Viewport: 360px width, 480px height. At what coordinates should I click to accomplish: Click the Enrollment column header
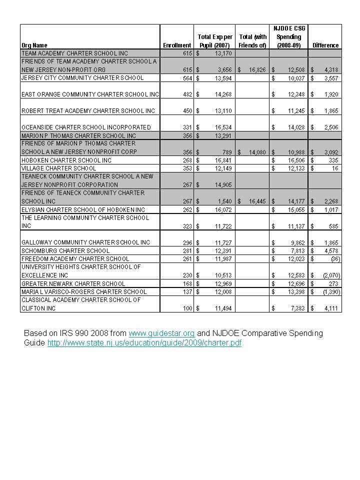coord(177,45)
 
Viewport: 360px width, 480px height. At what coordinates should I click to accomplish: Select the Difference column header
coord(325,45)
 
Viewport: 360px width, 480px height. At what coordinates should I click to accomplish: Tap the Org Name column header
coord(34,45)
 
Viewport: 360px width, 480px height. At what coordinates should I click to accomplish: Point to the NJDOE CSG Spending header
coord(289,36)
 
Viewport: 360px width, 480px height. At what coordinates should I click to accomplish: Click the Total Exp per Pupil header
coord(214,41)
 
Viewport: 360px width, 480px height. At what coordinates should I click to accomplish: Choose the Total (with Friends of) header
coord(252,41)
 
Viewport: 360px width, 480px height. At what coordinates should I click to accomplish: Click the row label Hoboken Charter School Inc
coord(66,160)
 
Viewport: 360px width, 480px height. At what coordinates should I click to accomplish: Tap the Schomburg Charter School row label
coord(65,250)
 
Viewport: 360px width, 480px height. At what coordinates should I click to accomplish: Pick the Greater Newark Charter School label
coord(73,283)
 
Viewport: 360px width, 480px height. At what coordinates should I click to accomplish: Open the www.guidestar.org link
coord(161,333)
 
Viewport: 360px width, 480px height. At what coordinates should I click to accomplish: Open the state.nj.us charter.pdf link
coord(144,343)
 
